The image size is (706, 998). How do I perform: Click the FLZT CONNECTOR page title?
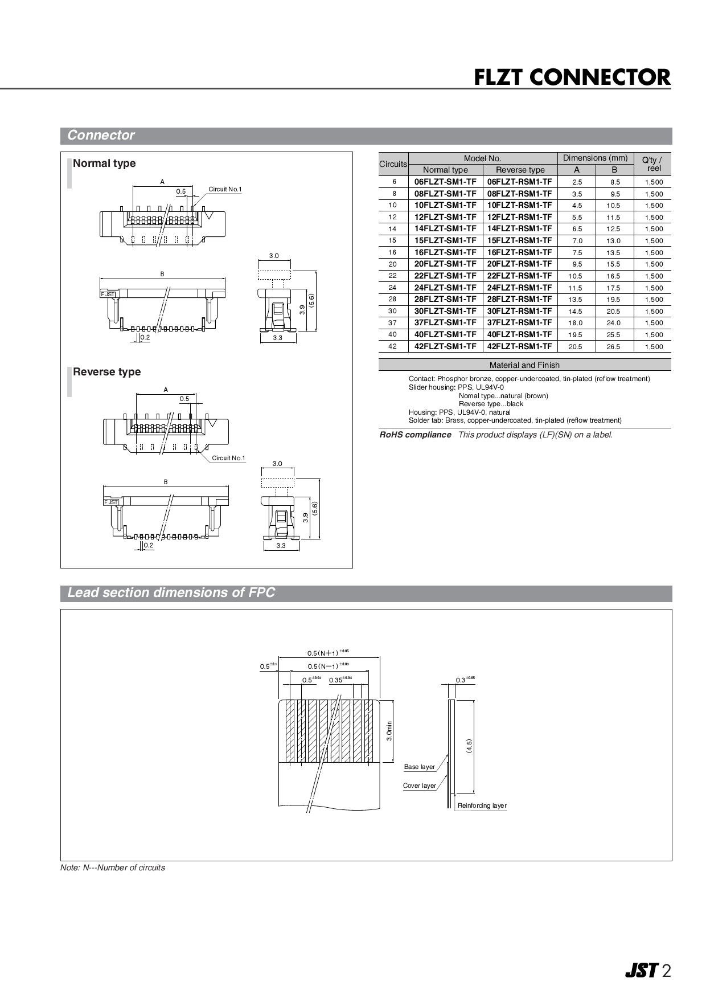coord(572,78)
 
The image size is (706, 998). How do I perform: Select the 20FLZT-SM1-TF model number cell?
coord(445,264)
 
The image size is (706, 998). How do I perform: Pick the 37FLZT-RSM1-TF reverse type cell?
coord(519,322)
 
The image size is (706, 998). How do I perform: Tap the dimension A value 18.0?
coord(576,323)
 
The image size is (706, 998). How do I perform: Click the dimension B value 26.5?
coord(613,347)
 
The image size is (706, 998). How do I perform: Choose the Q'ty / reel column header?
coord(653,164)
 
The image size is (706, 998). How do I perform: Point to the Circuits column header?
coord(393,164)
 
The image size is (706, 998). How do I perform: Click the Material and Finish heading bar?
coord(524,365)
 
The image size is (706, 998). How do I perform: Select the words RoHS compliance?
coord(416,435)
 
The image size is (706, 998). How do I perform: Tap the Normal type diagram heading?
coord(104,163)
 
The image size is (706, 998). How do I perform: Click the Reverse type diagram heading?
coord(106,372)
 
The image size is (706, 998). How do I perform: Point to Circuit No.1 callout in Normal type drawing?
coord(225,189)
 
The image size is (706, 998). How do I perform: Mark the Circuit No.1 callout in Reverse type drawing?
coord(228,458)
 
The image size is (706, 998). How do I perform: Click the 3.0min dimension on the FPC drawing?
coord(389,730)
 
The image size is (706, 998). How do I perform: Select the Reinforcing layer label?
coord(482,805)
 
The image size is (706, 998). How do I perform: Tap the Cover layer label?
coord(419,786)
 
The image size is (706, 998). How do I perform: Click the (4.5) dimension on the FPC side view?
coord(469,746)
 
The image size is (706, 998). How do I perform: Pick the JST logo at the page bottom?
coord(642,971)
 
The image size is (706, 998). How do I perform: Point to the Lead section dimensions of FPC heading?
coord(171,593)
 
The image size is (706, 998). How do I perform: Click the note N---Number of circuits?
coord(113,868)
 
